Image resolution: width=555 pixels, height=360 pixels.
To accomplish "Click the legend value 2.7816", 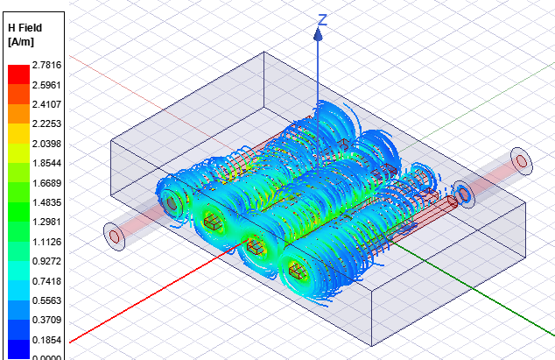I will click(x=44, y=65).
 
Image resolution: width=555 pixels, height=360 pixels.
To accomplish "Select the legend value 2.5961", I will click(x=44, y=85).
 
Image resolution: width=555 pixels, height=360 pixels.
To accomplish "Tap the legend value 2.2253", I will click(x=44, y=124).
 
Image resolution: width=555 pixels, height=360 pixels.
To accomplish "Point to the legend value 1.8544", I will click(x=44, y=164).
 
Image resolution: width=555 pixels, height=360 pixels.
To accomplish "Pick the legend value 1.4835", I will click(x=44, y=202).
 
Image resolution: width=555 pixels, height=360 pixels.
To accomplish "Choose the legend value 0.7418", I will click(x=44, y=280).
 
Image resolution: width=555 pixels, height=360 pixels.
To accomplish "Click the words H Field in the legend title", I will click(x=25, y=28).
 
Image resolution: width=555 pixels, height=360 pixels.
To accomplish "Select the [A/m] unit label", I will click(x=21, y=41).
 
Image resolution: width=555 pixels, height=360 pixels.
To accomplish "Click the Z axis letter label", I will click(x=322, y=20).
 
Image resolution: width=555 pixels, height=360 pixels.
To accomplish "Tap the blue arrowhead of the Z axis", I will click(x=320, y=35).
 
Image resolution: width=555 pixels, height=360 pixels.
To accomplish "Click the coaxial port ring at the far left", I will click(x=114, y=235).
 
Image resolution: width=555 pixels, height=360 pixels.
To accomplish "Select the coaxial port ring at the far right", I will click(x=522, y=161).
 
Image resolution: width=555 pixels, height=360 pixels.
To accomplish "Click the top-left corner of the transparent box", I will click(x=109, y=140).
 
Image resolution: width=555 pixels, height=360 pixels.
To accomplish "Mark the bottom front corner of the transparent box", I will click(x=374, y=344).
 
